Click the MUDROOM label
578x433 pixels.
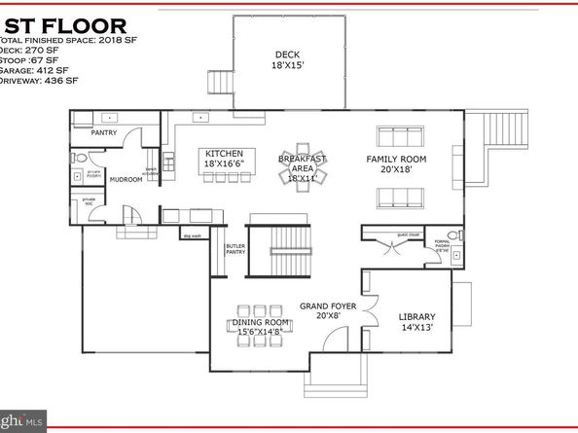pos(126,179)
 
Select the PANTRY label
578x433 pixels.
pos(104,132)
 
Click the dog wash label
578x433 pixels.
pos(192,235)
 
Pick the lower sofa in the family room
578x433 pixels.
pos(400,198)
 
